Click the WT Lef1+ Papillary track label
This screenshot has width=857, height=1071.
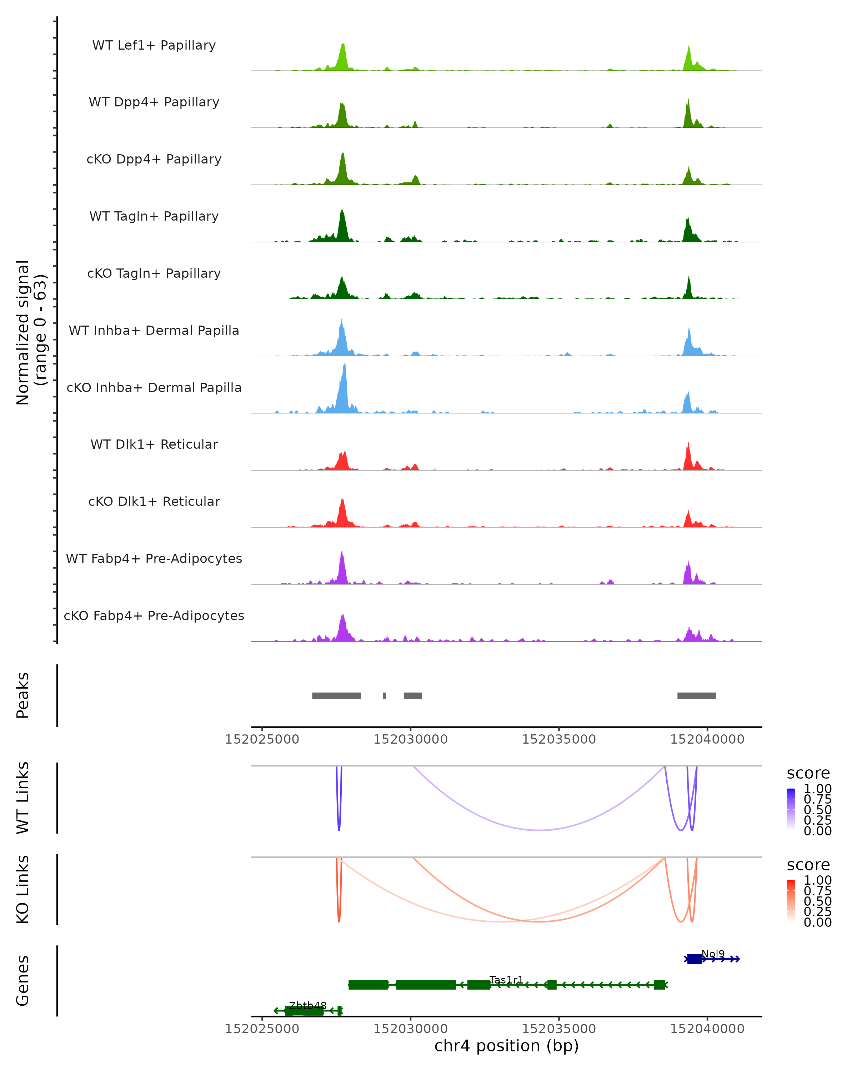[154, 45]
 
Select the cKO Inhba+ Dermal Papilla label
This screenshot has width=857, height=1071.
[154, 387]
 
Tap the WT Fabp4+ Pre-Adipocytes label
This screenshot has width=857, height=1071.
[154, 558]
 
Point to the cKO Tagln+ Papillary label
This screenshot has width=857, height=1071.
[154, 273]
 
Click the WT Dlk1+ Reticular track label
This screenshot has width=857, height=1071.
[154, 444]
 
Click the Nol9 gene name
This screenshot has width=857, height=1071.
[713, 954]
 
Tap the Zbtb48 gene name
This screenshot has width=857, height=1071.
[307, 1005]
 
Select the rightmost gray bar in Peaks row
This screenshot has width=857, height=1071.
[697, 695]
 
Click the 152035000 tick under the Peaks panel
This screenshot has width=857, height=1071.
[559, 739]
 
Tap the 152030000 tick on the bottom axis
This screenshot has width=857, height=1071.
[410, 1029]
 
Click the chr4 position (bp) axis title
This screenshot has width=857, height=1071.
[506, 1046]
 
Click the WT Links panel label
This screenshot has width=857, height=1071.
[23, 798]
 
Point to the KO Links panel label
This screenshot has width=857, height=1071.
[23, 889]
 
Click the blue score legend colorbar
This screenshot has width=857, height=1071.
[791, 809]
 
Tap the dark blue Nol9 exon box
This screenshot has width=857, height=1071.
[694, 959]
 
